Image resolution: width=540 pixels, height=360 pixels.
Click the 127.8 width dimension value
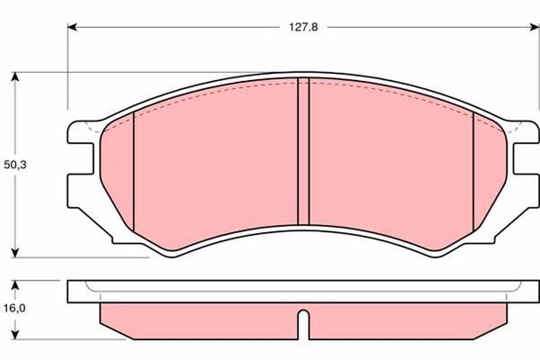(303, 27)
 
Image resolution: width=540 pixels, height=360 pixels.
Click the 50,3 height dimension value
(14, 165)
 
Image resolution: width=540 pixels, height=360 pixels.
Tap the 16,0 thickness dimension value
(14, 309)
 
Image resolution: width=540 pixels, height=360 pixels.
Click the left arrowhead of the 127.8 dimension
(72, 27)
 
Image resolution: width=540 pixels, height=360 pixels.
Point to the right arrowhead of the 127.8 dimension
(534, 27)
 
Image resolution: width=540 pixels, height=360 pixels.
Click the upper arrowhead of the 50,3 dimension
(14, 76)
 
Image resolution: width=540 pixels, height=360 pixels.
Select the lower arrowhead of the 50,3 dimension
(14, 253)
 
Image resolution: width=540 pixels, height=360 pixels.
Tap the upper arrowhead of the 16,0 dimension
(14, 285)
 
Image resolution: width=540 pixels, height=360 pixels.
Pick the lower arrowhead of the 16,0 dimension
(14, 335)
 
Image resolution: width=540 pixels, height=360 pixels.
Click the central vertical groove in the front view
(303, 151)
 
